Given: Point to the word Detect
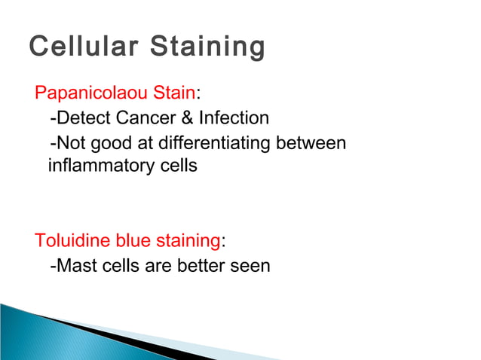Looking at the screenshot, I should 82,117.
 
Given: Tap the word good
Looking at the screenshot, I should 109,142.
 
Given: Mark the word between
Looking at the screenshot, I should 313,142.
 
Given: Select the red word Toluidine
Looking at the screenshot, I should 72,241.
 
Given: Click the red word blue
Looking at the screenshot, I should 133,241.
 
